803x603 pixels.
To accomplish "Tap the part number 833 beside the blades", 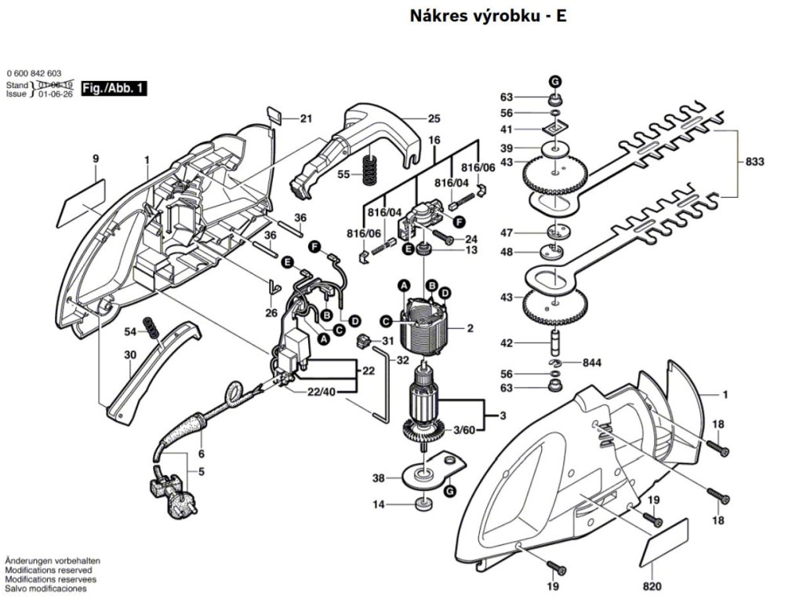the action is click(755, 162).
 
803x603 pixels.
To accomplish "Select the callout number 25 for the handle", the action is click(434, 119).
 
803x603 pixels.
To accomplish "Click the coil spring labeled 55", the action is click(369, 170).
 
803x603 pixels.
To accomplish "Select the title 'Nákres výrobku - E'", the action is click(488, 16).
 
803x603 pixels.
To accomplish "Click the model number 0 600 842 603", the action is click(34, 73).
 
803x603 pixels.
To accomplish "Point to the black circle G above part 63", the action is click(555, 81).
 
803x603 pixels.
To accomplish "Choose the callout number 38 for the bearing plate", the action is click(379, 478).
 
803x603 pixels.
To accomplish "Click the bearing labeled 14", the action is click(423, 505).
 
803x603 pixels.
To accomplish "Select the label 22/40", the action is click(321, 393).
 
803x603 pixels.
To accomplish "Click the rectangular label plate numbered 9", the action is click(83, 203).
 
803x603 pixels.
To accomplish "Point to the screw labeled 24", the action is click(443, 236).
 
